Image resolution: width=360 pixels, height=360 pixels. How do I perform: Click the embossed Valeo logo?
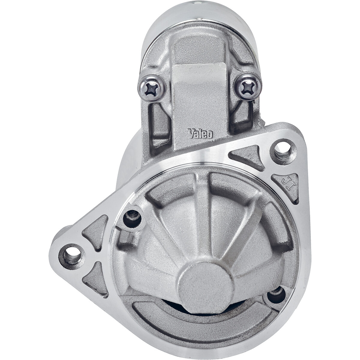pyautogui.click(x=201, y=134)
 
